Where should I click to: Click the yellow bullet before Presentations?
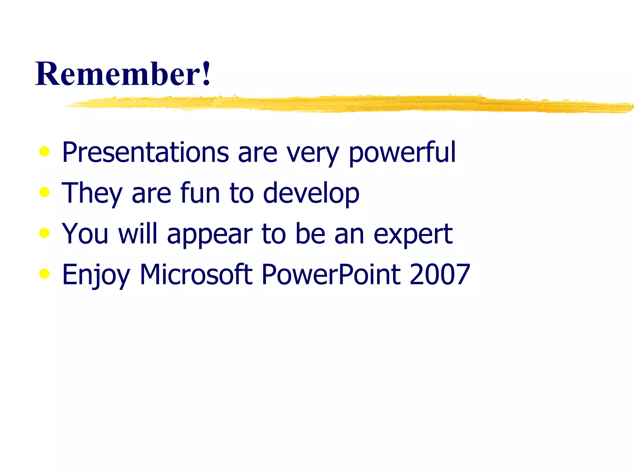click(45, 152)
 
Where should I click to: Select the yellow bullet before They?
click(45, 192)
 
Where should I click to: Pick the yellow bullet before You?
click(45, 233)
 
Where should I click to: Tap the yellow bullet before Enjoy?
click(45, 274)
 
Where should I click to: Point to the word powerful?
click(402, 152)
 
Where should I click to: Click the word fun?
click(200, 193)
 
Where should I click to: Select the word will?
click(138, 233)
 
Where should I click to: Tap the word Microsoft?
click(196, 274)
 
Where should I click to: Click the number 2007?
click(440, 274)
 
